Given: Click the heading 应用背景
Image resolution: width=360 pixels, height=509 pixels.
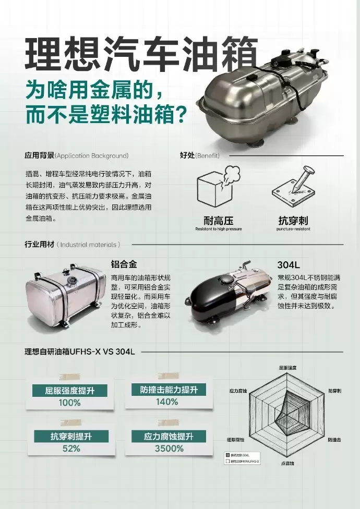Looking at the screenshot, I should (39, 155).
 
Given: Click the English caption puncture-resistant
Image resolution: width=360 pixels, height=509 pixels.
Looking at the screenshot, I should (293, 229).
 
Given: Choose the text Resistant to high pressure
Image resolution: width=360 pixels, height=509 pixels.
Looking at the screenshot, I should (218, 229).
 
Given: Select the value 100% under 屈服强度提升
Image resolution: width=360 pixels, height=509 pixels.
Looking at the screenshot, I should (69, 403).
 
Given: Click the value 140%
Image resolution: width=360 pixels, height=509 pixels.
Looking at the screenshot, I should (167, 402).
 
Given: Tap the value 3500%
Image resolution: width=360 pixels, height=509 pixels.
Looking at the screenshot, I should (169, 449).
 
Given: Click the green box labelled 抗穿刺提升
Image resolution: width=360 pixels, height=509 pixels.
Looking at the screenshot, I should (71, 437).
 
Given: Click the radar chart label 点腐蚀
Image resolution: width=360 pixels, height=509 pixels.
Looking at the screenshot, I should (287, 463).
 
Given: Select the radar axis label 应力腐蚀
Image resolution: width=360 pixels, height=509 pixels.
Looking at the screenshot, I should (237, 390).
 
